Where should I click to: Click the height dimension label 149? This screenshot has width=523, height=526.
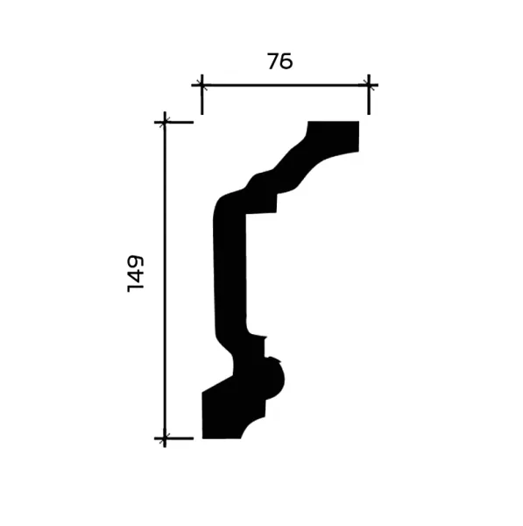pos(136,274)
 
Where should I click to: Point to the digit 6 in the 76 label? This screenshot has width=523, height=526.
pos(286,61)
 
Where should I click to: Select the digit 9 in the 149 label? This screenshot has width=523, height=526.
pos(136,262)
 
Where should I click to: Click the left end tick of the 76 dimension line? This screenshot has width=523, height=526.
pos(201,85)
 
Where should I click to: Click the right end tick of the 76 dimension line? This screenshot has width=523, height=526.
pos(368,85)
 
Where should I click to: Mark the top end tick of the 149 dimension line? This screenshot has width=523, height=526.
pos(165,122)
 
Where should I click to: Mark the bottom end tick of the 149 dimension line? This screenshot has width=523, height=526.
pos(165,437)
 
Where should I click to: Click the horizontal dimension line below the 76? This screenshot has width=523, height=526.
pos(285,85)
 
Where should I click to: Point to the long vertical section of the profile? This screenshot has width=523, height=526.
pos(230,272)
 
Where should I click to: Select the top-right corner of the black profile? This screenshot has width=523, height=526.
pos(359,123)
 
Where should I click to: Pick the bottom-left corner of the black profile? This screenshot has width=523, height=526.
pos(203,437)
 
